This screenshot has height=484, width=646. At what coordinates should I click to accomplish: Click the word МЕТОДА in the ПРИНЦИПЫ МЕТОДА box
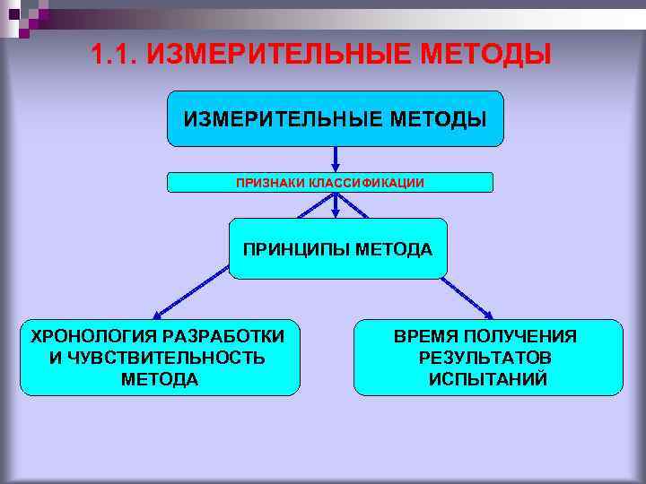394,248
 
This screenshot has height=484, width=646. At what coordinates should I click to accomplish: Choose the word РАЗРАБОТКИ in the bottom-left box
229,336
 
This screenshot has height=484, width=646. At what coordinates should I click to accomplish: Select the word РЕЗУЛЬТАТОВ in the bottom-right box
486,358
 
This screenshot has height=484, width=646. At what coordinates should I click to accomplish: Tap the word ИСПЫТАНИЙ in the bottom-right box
486,379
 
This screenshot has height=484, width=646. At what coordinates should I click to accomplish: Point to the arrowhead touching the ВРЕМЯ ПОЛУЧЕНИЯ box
488,315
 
